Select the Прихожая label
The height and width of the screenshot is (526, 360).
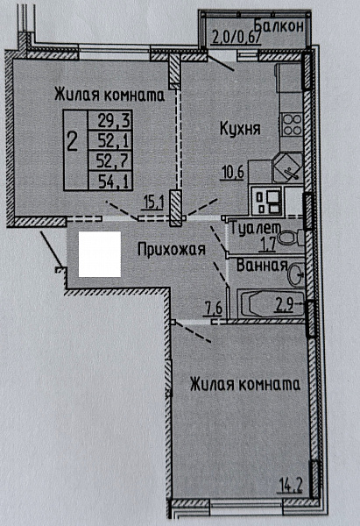click(x=171, y=249)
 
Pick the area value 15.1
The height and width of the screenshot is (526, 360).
click(x=155, y=203)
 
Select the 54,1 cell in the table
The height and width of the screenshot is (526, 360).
click(x=112, y=181)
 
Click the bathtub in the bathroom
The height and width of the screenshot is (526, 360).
click(x=267, y=307)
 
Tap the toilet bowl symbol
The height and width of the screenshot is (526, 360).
click(x=298, y=236)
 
